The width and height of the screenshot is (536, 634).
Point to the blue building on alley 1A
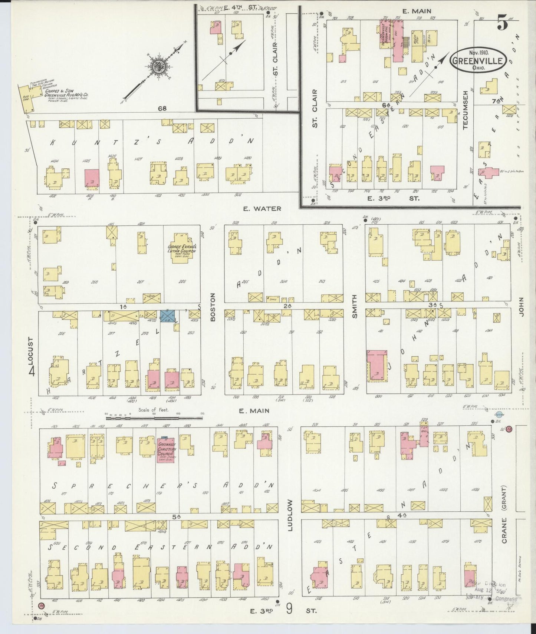[x=167, y=316]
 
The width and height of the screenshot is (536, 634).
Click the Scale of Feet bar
[x=154, y=418]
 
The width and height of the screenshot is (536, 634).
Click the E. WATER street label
[x=262, y=209]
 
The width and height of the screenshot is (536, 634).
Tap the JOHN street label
[x=521, y=307]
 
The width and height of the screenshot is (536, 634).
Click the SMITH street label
[x=354, y=306]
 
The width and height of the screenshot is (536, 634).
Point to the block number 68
[x=162, y=109]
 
